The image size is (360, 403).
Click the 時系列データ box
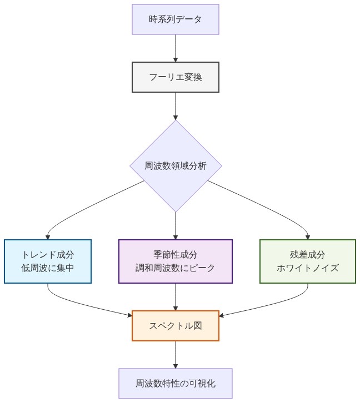[176, 19]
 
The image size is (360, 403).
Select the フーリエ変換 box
[176, 77]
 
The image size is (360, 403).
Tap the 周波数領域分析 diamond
[176, 166]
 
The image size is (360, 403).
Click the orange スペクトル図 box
[176, 326]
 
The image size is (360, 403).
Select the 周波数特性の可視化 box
[176, 384]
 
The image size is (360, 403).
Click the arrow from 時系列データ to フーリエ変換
[176, 48]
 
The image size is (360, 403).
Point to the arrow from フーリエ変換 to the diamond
[176, 105]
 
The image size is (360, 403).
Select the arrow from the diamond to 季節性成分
[176, 225]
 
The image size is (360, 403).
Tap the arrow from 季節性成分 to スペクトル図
[176, 297]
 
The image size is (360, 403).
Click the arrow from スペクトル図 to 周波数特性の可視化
[176, 354]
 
